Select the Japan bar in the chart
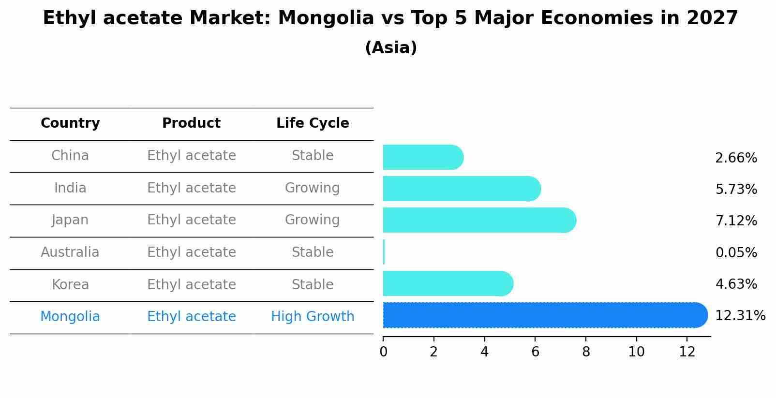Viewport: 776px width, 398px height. point(479,220)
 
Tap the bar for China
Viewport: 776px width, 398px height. point(423,157)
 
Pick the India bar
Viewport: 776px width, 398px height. point(462,189)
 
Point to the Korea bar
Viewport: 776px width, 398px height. point(448,283)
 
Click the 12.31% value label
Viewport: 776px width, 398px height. point(740,316)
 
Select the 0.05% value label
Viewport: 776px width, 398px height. point(736,252)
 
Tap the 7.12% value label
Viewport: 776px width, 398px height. point(736,221)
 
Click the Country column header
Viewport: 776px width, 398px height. point(70,123)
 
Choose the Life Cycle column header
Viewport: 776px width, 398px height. point(313,123)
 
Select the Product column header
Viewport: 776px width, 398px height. point(191,123)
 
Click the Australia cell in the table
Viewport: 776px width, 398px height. point(70,252)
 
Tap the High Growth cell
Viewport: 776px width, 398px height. point(313,317)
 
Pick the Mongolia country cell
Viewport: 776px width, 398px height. point(70,317)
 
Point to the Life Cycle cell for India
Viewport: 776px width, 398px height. point(313,188)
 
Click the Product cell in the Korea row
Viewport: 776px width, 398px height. point(191,284)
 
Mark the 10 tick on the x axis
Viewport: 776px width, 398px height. point(636,352)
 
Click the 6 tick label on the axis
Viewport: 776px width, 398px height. point(535,352)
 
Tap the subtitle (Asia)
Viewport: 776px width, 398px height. point(390,48)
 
